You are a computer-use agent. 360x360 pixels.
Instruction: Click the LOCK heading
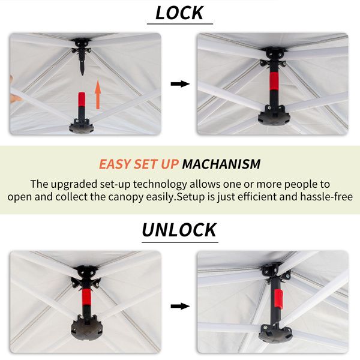point(179,13)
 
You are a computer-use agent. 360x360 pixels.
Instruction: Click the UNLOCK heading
point(179,230)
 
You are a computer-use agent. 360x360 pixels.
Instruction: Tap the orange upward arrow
point(98,95)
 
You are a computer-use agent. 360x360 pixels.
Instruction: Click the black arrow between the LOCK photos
point(180,84)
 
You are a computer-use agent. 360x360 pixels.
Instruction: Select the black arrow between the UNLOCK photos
point(180,306)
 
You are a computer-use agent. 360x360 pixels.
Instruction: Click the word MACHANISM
point(221,164)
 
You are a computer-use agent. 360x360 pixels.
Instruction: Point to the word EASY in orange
point(115,164)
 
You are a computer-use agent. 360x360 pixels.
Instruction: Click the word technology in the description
point(160,184)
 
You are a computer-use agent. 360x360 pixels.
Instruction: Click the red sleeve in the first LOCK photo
point(82,100)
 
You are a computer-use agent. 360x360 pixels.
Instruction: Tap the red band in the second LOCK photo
point(274,81)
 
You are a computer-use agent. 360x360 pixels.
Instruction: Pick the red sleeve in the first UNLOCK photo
point(86,297)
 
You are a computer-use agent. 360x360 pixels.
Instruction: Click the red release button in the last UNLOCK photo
point(278,299)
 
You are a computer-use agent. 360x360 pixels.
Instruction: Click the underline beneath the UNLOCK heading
point(180,242)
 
